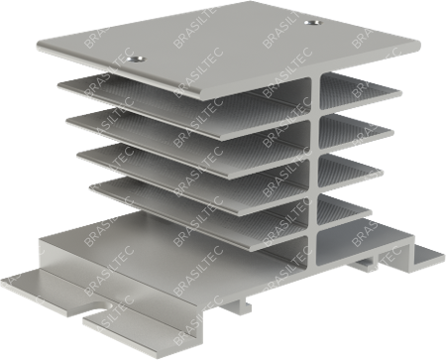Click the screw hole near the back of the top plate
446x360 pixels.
[313, 23]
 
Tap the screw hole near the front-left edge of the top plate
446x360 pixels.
[137, 60]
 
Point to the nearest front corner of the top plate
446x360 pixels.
[205, 97]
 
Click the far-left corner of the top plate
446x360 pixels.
[39, 46]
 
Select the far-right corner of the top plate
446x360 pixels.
[418, 44]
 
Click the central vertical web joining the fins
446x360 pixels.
[314, 172]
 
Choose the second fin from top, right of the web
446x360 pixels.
[354, 128]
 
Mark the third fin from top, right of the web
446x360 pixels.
[349, 169]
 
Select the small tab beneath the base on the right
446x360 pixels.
[364, 265]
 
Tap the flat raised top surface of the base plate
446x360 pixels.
[166, 251]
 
